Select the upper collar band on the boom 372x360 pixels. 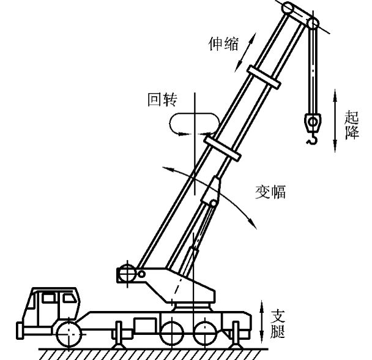262,81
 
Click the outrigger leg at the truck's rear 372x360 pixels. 237,338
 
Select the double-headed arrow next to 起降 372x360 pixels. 335,120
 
